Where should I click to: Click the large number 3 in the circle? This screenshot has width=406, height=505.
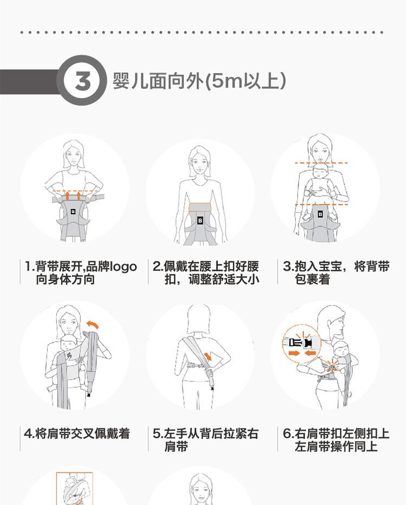[83, 81]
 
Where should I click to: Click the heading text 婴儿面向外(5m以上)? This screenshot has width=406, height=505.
[199, 80]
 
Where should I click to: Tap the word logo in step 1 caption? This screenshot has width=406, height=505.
[123, 267]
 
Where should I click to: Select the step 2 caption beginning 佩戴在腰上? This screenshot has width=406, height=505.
[206, 273]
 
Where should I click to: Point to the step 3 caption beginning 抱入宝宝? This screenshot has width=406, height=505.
[336, 273]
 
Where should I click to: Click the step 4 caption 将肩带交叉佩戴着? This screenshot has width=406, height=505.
[77, 433]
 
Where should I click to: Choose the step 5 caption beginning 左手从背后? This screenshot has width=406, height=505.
[206, 439]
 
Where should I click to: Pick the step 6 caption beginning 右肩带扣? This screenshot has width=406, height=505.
[336, 439]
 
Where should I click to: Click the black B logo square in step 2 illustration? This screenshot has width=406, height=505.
[200, 221]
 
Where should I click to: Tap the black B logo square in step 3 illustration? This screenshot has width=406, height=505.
[320, 214]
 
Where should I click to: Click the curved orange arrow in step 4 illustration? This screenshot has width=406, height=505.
[93, 324]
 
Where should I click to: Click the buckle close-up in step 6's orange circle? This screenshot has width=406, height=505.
[302, 344]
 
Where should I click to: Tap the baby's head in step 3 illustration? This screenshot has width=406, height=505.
[320, 172]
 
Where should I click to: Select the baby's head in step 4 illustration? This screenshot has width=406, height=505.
[69, 344]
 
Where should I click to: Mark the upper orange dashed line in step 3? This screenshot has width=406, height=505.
[321, 163]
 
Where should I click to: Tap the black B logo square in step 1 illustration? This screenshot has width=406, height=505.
[73, 212]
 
